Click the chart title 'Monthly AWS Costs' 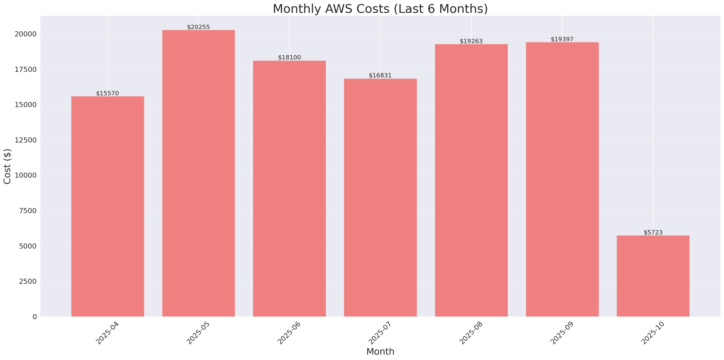click(x=380, y=9)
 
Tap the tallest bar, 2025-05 click(x=198, y=173)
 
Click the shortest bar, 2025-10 click(x=653, y=276)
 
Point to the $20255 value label click(x=198, y=27)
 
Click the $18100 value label click(x=289, y=57)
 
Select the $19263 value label click(x=471, y=41)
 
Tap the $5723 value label click(x=653, y=232)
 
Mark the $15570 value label click(x=107, y=93)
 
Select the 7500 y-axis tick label click(x=28, y=211)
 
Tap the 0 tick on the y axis click(x=34, y=317)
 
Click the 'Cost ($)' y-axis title click(x=7, y=166)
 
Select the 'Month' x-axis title click(x=380, y=352)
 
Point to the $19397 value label click(x=562, y=39)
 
